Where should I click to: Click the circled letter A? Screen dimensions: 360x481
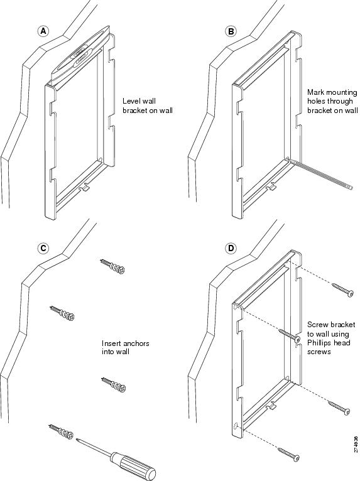(43, 31)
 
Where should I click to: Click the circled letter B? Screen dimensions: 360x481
(231, 31)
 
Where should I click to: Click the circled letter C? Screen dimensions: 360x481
(43, 248)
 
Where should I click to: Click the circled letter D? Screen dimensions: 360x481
(231, 248)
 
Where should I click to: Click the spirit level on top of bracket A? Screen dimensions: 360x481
(80, 55)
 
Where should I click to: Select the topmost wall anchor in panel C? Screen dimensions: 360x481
(112, 266)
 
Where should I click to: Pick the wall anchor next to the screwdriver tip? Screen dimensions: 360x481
(62, 431)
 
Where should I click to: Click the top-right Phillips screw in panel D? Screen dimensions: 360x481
(343, 290)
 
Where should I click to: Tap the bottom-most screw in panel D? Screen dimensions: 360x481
(288, 454)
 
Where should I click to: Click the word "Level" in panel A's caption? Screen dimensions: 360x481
(131, 101)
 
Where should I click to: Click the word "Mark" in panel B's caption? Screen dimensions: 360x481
(315, 92)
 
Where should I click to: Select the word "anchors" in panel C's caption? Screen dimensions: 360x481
(134, 343)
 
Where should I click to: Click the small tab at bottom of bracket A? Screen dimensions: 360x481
(84, 187)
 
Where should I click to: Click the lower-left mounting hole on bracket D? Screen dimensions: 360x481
(236, 426)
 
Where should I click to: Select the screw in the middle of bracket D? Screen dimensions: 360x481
(289, 335)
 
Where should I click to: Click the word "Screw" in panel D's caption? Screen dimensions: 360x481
(317, 325)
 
